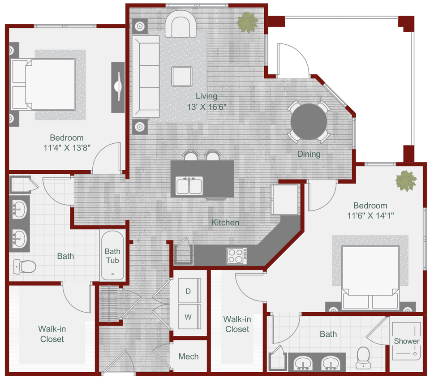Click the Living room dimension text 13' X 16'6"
pyautogui.click(x=206, y=107)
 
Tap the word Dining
pyautogui.click(x=309, y=154)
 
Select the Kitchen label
pyautogui.click(x=225, y=222)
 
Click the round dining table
pyautogui.click(x=309, y=121)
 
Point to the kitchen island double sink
pyautogui.click(x=189, y=185)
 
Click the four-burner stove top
pyautogui.click(x=236, y=256)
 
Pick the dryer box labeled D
pyautogui.click(x=188, y=291)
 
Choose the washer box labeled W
pyautogui.click(x=188, y=317)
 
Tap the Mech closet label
pyautogui.click(x=188, y=357)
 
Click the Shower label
pyautogui.click(x=406, y=341)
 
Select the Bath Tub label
pyautogui.click(x=112, y=256)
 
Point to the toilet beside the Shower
pyautogui.click(x=362, y=357)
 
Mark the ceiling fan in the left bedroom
pyautogui.click(x=118, y=87)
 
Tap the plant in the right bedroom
pyautogui.click(x=406, y=181)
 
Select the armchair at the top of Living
pyautogui.click(x=181, y=25)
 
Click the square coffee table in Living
pyautogui.click(x=182, y=76)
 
